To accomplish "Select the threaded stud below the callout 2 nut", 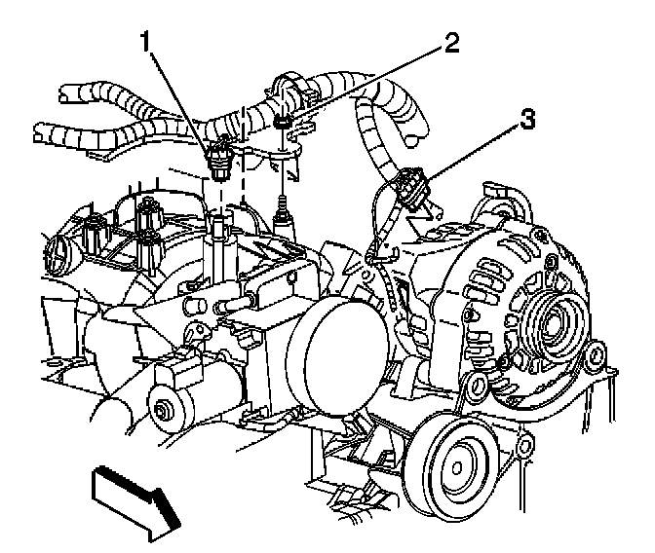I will click(284, 209).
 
